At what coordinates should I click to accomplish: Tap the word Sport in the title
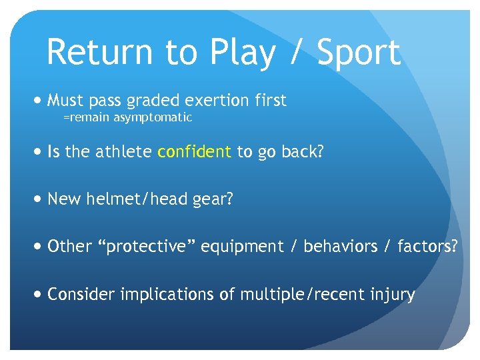click(358, 52)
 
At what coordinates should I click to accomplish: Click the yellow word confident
click(194, 152)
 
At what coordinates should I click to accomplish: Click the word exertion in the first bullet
click(207, 101)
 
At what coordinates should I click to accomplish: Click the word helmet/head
click(135, 199)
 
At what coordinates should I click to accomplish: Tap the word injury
click(393, 295)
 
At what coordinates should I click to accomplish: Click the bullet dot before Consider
click(37, 294)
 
